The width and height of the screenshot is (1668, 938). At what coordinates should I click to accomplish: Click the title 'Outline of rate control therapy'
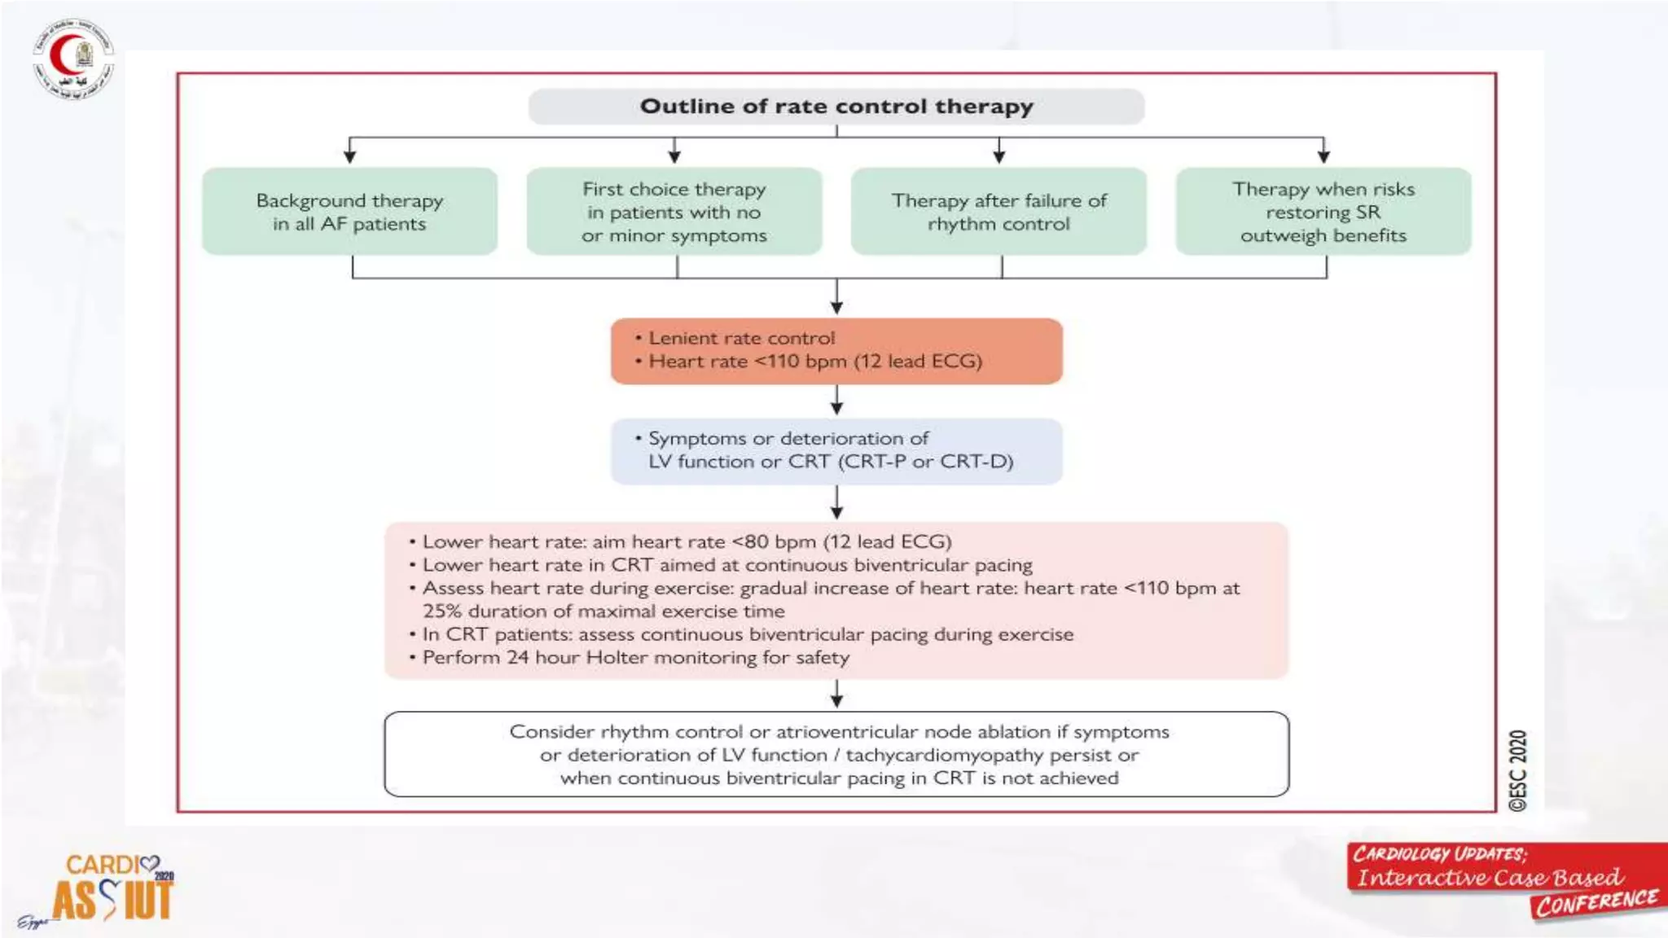tap(836, 107)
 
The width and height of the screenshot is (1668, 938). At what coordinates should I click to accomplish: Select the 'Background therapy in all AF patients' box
tap(349, 212)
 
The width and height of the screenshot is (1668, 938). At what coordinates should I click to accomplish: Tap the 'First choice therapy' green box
tap(674, 212)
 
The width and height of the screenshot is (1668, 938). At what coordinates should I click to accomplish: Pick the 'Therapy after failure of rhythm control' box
tap(999, 212)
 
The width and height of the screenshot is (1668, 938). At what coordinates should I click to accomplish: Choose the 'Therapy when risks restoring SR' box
tap(1323, 212)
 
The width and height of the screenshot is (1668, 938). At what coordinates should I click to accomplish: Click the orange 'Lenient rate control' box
tap(836, 351)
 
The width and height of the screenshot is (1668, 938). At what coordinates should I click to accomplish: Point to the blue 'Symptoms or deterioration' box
tap(836, 451)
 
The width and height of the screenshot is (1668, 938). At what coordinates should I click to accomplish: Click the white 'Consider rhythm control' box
tap(836, 754)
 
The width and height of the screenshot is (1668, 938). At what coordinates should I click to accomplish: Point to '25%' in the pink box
tap(441, 611)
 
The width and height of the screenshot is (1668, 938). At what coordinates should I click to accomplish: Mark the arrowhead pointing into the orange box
tap(836, 307)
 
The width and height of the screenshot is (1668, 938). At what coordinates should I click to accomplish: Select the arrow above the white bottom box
tap(836, 695)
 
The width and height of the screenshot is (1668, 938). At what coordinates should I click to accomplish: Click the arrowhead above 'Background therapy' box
tap(349, 155)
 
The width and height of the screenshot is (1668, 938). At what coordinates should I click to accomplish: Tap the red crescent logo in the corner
tap(73, 59)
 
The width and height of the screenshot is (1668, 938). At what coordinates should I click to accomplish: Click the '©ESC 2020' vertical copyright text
tap(1517, 770)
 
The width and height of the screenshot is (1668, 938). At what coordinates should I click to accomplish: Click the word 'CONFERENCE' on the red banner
tap(1596, 902)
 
